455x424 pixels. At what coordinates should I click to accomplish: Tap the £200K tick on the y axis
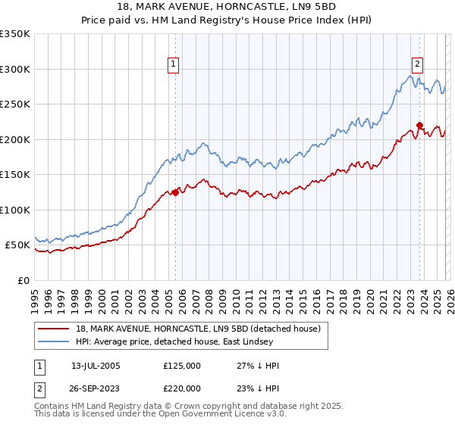15,139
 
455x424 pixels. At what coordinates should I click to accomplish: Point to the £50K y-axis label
17,245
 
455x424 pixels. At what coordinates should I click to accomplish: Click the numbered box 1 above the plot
174,65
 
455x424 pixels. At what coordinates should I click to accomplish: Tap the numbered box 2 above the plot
418,65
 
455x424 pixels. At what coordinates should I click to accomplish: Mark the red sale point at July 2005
175,192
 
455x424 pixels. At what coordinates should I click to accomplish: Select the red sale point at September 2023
419,126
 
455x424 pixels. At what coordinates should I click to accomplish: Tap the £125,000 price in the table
182,366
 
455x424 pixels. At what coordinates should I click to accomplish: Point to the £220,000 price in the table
182,387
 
